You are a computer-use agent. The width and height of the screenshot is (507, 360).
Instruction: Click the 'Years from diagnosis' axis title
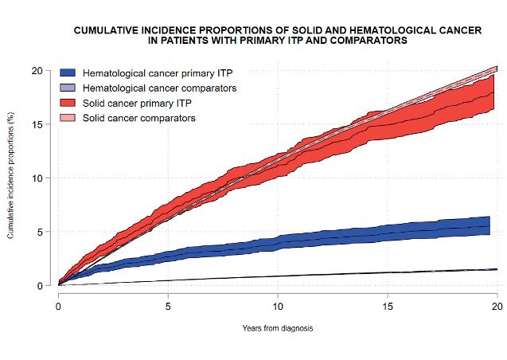tap(278, 328)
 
